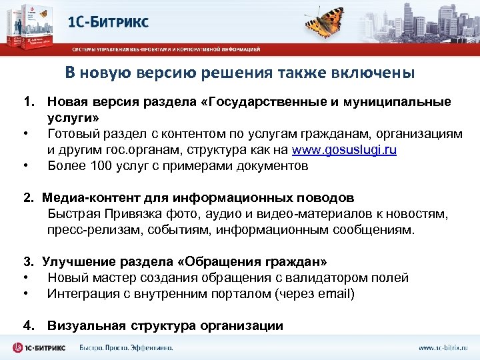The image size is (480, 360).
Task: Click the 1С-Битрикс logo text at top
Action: tap(109, 22)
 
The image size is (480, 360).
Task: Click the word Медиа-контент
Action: tap(81, 198)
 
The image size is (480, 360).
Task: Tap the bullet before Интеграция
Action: tap(25, 294)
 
